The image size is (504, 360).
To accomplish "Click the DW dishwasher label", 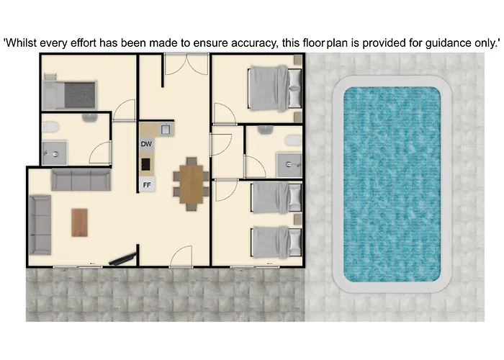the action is click(x=146, y=144).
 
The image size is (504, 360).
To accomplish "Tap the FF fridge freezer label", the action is click(x=147, y=185).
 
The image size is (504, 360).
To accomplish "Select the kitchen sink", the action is click(x=166, y=130).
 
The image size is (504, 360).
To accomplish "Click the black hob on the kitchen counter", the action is click(x=145, y=164).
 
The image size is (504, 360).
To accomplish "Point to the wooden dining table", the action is click(x=192, y=184).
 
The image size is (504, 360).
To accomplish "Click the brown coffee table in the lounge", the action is click(x=79, y=222).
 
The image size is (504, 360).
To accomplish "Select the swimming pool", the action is click(x=392, y=184).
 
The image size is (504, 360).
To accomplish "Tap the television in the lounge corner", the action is click(x=123, y=259).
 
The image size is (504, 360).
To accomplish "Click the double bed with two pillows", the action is click(x=275, y=89).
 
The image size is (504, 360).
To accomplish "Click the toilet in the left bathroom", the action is click(x=50, y=127).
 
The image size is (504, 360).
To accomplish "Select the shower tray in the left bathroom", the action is click(x=55, y=153).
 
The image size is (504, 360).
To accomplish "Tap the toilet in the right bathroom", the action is click(x=293, y=140).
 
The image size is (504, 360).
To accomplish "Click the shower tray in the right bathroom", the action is click(x=289, y=165).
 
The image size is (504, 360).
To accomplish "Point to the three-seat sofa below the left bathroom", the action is click(x=81, y=180).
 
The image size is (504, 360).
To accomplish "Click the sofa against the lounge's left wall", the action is click(x=40, y=225).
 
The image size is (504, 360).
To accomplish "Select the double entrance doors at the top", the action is click(x=186, y=64).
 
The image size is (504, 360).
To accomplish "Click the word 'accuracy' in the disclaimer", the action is click(x=254, y=42).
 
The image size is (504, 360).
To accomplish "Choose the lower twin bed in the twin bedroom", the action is click(x=276, y=242).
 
